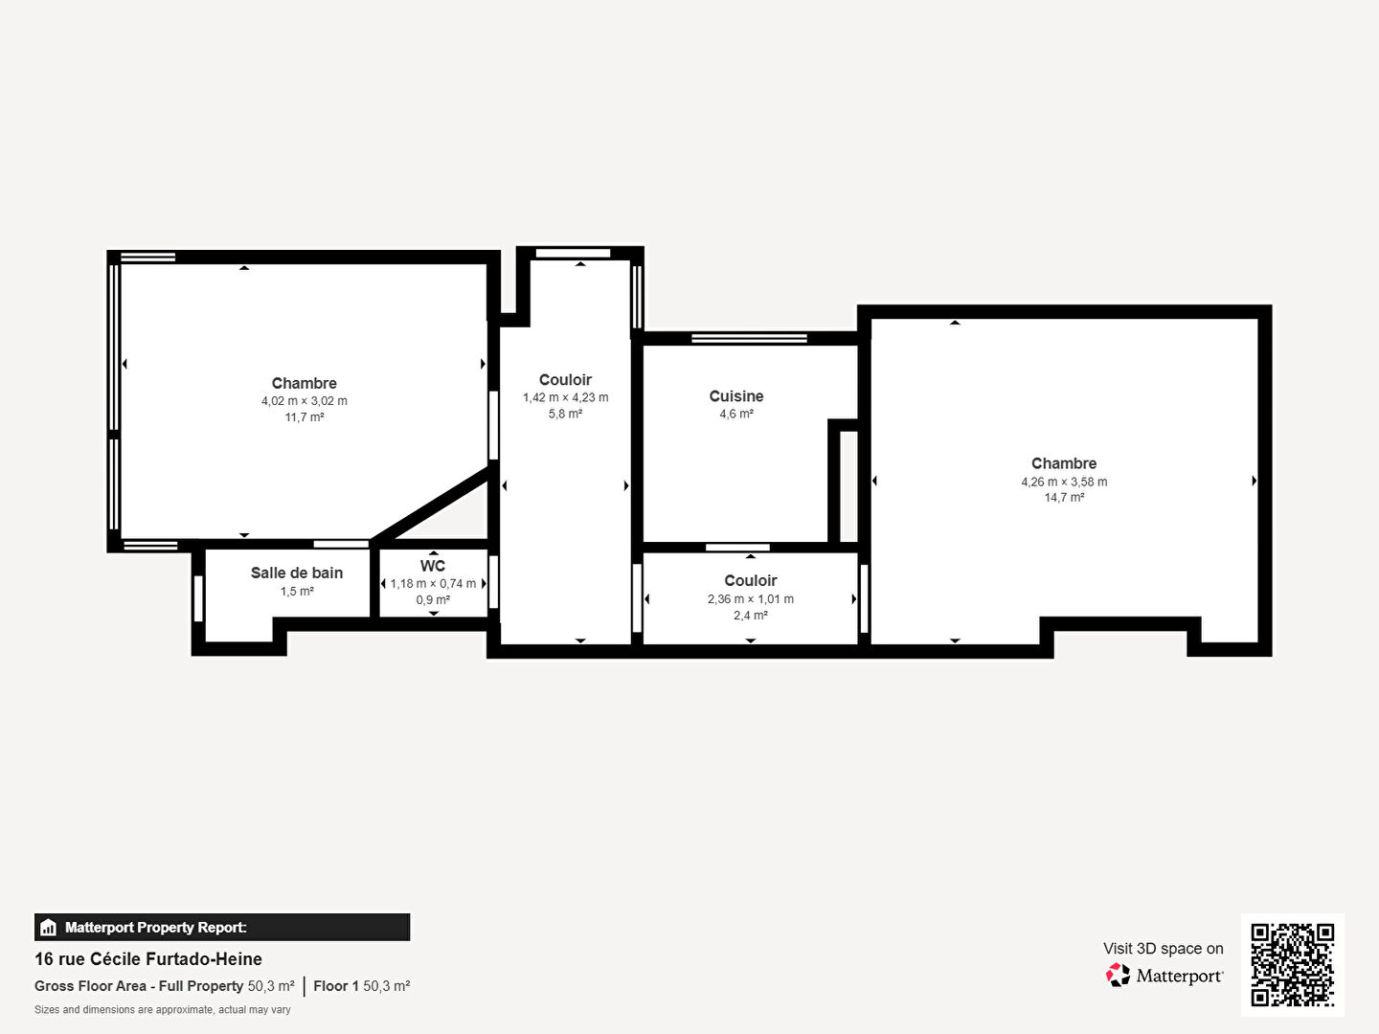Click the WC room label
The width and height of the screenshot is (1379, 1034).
[433, 566]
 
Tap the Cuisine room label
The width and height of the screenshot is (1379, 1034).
[736, 396]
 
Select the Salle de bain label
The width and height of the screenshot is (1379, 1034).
[297, 573]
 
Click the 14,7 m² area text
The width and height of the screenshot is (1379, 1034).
[1064, 498]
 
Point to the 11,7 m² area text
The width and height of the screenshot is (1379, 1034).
[305, 417]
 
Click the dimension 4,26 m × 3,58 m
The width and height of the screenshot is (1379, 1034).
[1064, 482]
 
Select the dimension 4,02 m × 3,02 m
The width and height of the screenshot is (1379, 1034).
[305, 401]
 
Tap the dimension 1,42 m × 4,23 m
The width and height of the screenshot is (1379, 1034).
[565, 397]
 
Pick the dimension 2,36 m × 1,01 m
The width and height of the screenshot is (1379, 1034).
[751, 599]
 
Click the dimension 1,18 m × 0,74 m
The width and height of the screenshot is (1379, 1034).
[433, 584]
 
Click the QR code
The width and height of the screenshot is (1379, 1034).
[1293, 964]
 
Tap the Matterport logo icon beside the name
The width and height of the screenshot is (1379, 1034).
[1118, 976]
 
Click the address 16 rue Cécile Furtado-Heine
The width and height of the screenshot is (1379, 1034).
[148, 959]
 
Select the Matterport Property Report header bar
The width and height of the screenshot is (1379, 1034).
[222, 927]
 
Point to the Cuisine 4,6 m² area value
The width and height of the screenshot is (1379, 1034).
[736, 414]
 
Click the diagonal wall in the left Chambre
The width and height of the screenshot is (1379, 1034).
[431, 504]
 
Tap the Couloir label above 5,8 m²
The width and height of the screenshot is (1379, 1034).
[565, 380]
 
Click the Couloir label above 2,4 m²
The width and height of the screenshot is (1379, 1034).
[751, 580]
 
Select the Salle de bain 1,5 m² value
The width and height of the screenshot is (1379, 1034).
[297, 592]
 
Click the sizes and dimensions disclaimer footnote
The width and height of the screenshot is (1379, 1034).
[163, 1010]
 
